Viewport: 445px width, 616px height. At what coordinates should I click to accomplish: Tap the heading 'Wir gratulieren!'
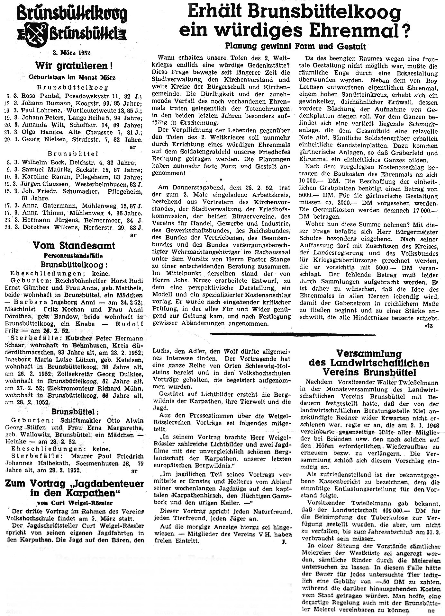[74, 66]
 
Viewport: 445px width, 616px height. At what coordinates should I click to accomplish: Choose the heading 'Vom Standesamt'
[74, 246]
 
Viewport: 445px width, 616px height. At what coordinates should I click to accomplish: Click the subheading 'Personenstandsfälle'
[73, 256]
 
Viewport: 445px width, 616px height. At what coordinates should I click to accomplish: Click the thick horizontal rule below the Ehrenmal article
[292, 335]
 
